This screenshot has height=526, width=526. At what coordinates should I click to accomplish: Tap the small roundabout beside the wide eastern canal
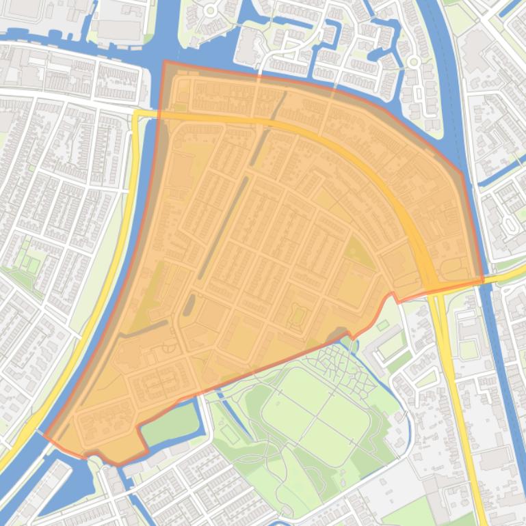click(413, 61)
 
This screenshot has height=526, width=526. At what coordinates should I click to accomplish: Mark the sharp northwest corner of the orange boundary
click(164, 61)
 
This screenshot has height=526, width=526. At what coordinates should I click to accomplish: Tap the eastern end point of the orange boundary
click(483, 279)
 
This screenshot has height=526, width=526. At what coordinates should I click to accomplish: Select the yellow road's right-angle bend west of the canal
click(136, 114)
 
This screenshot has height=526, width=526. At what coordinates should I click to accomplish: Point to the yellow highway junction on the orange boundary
click(433, 286)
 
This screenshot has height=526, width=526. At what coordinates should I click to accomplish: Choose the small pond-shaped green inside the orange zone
click(298, 315)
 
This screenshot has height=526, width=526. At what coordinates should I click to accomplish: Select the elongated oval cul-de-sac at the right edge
click(510, 224)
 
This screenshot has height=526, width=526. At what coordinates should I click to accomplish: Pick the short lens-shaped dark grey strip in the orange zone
click(189, 303)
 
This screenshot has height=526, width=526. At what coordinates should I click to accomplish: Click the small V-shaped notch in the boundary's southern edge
click(393, 294)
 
